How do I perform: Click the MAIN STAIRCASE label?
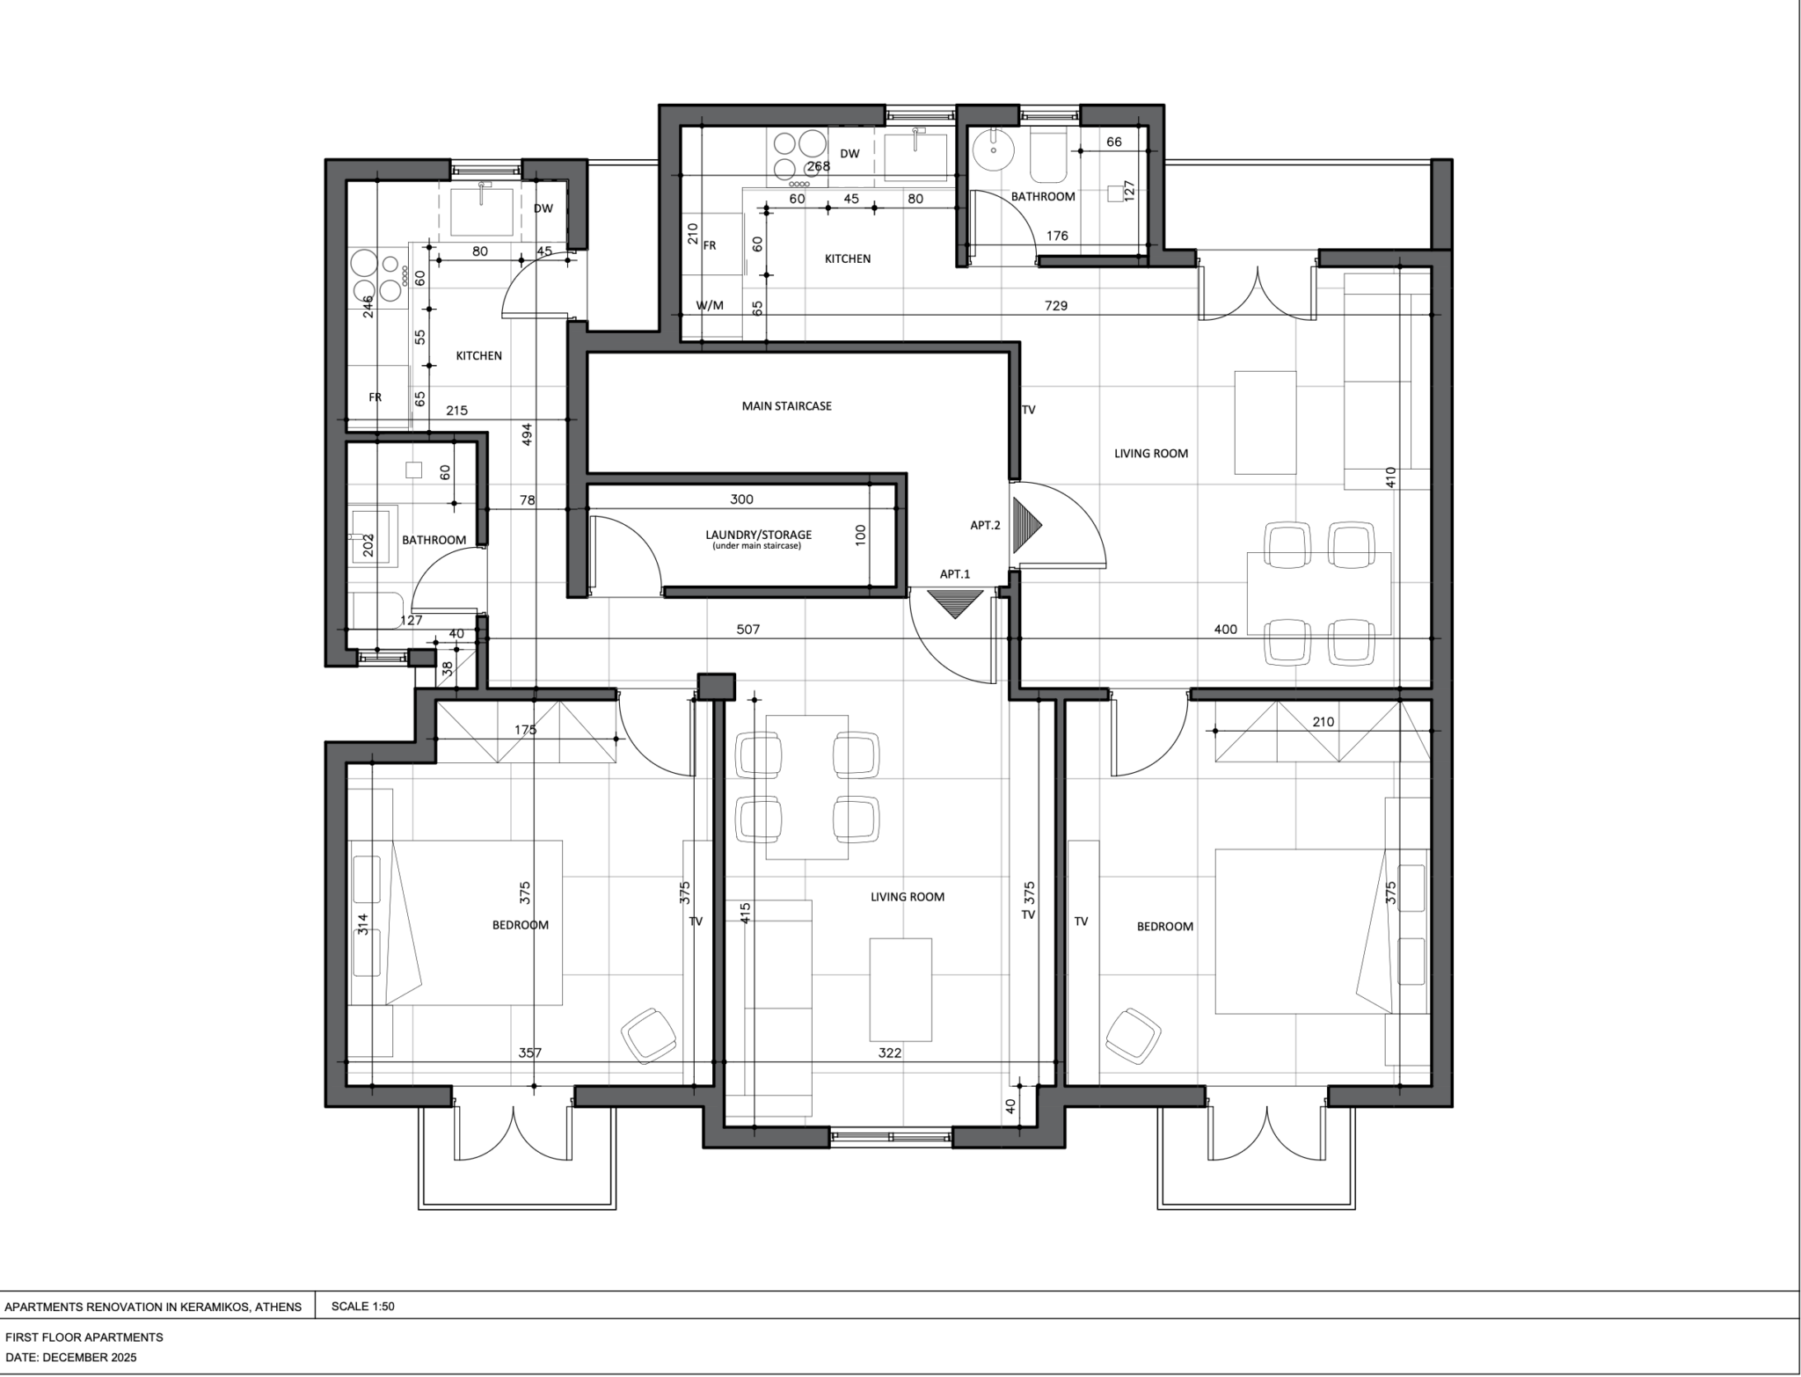pos(786,406)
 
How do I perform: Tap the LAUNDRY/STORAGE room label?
pos(758,535)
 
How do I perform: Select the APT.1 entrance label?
pos(954,574)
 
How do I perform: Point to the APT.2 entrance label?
pos(985,526)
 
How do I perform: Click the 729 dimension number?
pos(1055,306)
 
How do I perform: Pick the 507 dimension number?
pos(747,630)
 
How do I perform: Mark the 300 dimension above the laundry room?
pos(741,499)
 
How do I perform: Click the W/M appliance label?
pos(710,306)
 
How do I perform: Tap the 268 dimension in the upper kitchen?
pos(819,167)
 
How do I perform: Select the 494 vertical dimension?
pos(528,434)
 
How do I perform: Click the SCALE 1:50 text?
pos(362,1307)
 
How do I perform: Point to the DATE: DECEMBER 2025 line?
pos(70,1358)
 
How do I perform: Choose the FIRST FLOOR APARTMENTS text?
pos(84,1337)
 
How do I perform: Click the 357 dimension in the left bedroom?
pos(529,1053)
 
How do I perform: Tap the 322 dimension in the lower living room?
pos(890,1053)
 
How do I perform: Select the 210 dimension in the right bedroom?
pos(1323,722)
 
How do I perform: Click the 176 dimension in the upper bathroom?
pos(1057,236)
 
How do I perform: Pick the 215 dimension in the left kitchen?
pos(456,411)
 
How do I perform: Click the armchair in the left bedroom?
pos(649,1036)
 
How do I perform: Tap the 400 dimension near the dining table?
pos(1225,630)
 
